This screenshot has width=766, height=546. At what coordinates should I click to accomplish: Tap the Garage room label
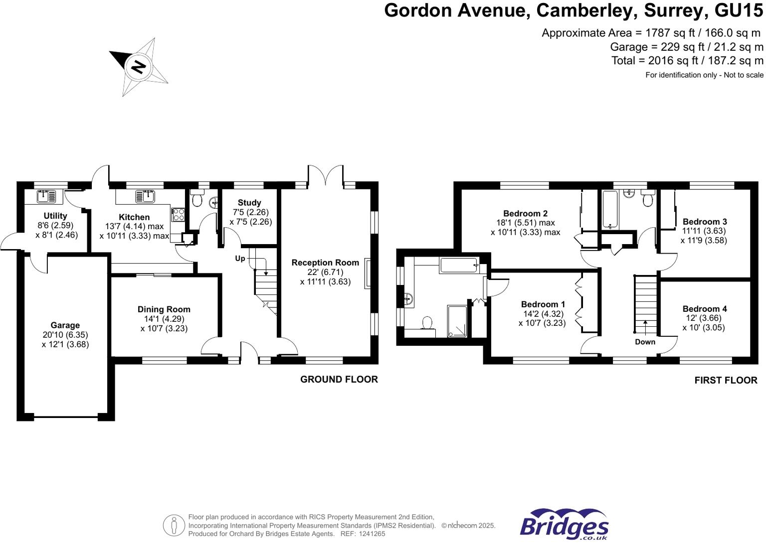(65, 325)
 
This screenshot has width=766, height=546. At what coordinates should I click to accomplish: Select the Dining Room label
(164, 309)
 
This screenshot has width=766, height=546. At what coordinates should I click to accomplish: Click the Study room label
(249, 203)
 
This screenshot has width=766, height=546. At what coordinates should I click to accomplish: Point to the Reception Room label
(325, 263)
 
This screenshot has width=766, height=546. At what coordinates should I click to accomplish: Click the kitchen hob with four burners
(178, 215)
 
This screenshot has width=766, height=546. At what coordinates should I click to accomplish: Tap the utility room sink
(46, 196)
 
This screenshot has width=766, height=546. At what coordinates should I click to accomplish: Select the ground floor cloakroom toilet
(197, 199)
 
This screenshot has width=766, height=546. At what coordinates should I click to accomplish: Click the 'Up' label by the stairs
(240, 259)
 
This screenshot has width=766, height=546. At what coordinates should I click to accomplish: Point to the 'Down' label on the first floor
(645, 342)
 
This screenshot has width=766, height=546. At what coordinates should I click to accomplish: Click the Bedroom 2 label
(525, 214)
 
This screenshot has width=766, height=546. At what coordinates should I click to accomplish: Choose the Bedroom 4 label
(704, 309)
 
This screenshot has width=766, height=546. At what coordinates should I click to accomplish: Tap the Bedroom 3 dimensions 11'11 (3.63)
(704, 231)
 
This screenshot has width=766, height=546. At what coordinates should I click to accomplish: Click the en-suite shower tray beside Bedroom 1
(457, 321)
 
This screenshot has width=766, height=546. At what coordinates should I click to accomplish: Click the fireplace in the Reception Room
(368, 273)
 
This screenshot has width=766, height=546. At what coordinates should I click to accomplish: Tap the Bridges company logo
(564, 525)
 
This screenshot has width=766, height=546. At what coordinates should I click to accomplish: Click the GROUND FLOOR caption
(339, 380)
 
